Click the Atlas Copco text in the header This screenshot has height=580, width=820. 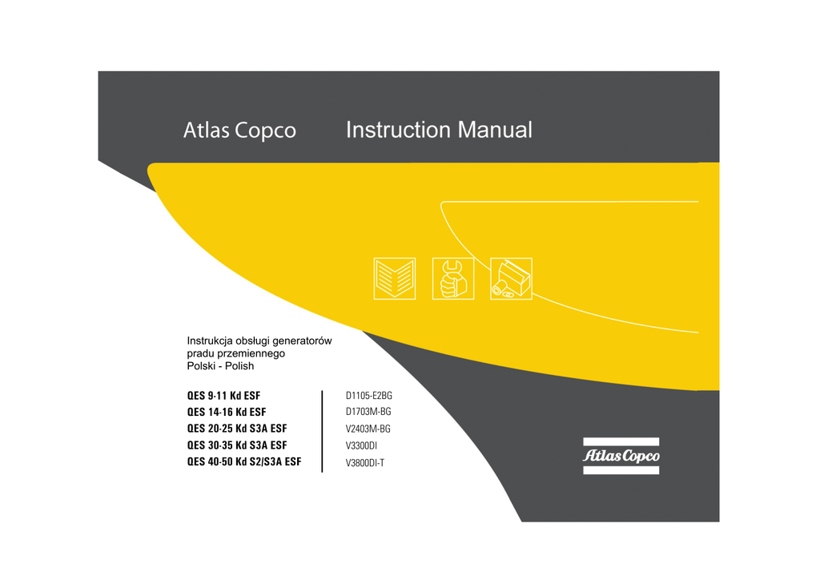(239, 131)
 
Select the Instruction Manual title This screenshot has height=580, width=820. (439, 130)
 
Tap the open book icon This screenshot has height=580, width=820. (394, 279)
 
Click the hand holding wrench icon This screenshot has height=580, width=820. (452, 279)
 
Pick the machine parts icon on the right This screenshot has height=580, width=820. (511, 279)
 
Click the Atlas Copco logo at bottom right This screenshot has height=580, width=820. (621, 456)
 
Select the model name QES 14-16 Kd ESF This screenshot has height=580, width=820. (227, 412)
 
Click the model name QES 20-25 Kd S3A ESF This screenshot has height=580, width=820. (236, 429)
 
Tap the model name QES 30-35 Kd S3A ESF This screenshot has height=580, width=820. (236, 445)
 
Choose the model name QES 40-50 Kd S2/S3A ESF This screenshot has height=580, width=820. (244, 461)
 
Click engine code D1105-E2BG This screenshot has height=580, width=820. (368, 396)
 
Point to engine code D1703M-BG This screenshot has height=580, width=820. (368, 412)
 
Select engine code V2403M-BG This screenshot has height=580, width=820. (368, 429)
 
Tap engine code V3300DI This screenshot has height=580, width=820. (361, 445)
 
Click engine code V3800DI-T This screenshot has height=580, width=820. (365, 462)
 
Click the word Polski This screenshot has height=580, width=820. (200, 366)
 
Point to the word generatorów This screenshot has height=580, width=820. (302, 340)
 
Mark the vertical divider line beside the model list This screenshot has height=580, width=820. (322, 431)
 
